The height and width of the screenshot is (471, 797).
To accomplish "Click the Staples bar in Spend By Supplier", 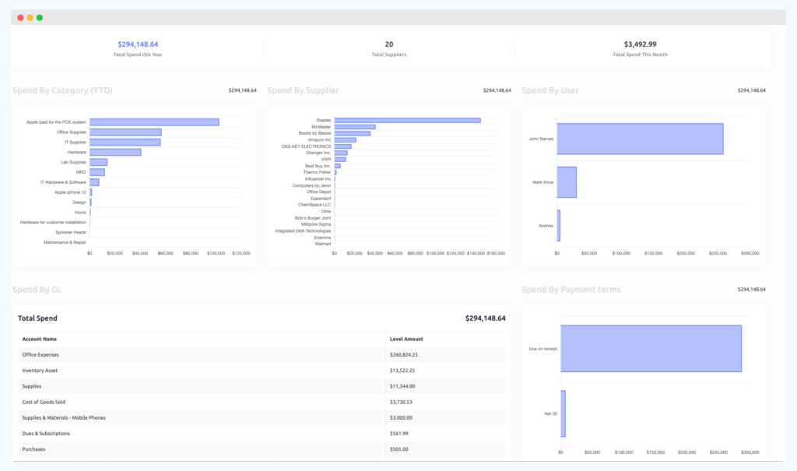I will click(407, 120).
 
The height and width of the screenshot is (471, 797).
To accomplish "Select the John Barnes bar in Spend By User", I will click(641, 139).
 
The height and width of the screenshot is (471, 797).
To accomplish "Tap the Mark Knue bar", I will click(567, 182).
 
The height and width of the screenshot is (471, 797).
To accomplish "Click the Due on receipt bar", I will click(651, 348).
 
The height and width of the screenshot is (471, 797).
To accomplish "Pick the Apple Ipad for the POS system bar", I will click(154, 121).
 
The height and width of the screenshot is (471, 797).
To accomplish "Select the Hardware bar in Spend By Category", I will click(115, 152).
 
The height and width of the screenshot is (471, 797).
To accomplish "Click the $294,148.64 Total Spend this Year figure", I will click(138, 44).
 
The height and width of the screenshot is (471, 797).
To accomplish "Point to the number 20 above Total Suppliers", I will click(389, 44).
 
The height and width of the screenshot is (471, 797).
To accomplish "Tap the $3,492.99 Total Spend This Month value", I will click(640, 44).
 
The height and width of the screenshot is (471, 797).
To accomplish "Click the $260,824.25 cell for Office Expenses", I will click(409, 355).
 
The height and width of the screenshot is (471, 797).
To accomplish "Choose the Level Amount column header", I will click(406, 339).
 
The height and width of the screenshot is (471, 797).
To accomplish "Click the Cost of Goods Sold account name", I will click(43, 402).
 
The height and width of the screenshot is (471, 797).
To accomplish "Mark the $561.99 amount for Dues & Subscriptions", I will click(399, 433).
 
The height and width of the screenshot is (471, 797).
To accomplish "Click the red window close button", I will click(20, 17).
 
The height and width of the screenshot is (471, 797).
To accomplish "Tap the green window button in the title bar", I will click(40, 17).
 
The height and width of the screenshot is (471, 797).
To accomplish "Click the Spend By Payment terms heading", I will click(571, 290).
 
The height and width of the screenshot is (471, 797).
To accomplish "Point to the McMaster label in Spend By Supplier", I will click(321, 127).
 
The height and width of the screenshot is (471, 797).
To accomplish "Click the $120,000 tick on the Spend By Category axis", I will click(241, 253).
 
